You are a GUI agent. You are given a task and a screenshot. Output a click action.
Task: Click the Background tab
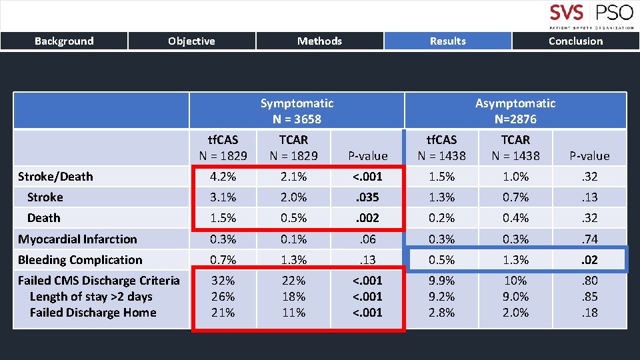(64, 41)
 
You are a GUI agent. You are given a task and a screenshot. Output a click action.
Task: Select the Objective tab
(191, 41)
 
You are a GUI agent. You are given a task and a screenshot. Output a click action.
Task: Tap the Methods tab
(319, 41)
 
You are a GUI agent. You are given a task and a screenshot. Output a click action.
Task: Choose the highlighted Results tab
(447, 41)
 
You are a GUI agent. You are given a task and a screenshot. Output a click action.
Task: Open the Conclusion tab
(575, 41)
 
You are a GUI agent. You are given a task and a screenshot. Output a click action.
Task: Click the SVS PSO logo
(591, 16)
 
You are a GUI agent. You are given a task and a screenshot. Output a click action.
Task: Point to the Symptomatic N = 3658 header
(297, 111)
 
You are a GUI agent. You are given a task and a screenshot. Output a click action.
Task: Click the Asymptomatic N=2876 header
(515, 111)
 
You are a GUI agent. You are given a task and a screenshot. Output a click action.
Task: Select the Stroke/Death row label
(55, 177)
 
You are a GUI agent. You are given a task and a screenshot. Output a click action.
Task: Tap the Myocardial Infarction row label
(77, 239)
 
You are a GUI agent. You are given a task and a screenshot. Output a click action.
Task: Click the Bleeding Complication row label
(80, 260)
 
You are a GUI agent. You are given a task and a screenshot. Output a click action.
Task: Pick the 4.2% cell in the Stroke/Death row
(223, 177)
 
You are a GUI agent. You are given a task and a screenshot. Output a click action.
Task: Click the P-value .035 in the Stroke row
(368, 197)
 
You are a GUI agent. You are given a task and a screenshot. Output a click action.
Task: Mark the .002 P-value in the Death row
(368, 218)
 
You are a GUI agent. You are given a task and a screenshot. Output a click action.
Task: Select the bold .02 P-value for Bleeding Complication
(589, 260)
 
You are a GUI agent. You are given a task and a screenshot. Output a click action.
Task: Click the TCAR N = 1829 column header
(293, 147)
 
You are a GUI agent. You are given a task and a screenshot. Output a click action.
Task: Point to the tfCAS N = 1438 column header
(441, 147)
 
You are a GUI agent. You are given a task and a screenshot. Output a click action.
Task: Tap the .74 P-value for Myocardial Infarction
(589, 239)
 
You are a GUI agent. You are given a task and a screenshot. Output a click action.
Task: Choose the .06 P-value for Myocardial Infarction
(368, 239)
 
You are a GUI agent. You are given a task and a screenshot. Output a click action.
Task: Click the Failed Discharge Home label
(93, 313)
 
